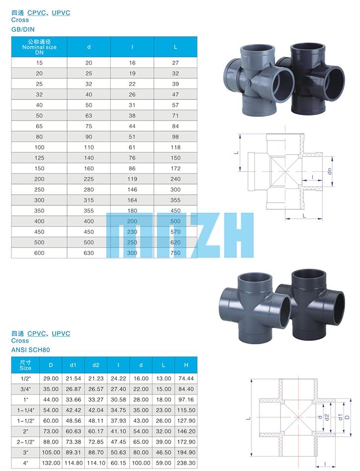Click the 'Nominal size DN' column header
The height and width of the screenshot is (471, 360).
coord(39,47)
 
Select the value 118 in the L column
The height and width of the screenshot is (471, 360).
coord(175,147)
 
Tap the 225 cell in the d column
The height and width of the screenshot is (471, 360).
coord(88,179)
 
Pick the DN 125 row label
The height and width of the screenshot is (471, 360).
coord(39,157)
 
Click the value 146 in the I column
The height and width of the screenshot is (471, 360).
coord(132,189)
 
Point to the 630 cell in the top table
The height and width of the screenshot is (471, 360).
coord(88,253)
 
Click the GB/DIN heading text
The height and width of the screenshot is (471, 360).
coord(23,29)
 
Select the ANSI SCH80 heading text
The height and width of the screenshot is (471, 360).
coord(31,350)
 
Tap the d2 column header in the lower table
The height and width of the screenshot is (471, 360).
coord(96,365)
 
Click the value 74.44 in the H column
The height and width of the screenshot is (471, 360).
coord(186,379)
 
